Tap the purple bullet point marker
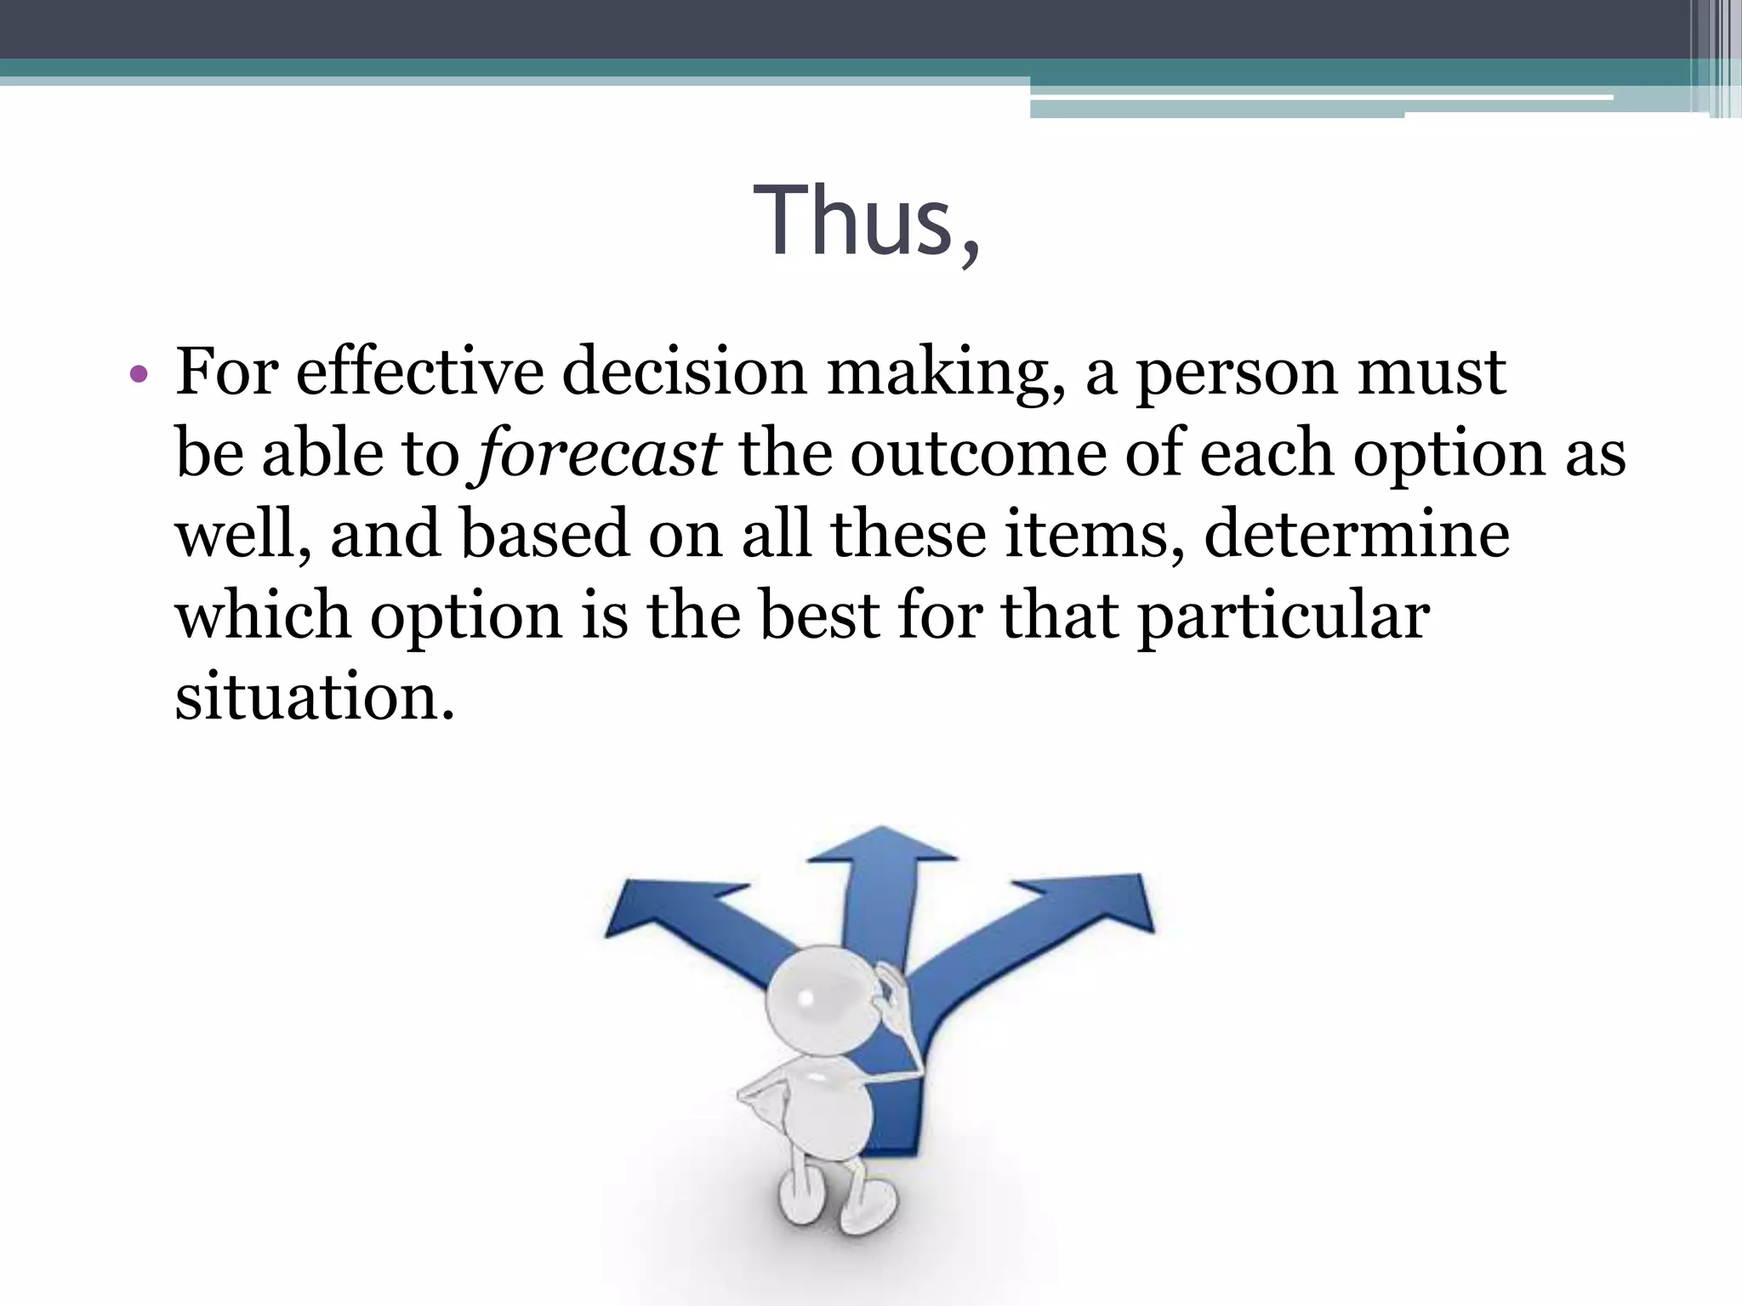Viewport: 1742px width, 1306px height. [x=139, y=374]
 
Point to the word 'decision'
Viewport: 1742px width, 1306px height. [x=684, y=372]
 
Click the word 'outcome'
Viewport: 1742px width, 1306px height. [x=978, y=453]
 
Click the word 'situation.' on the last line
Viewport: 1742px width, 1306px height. [x=315, y=696]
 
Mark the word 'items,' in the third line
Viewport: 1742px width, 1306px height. [x=1094, y=534]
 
